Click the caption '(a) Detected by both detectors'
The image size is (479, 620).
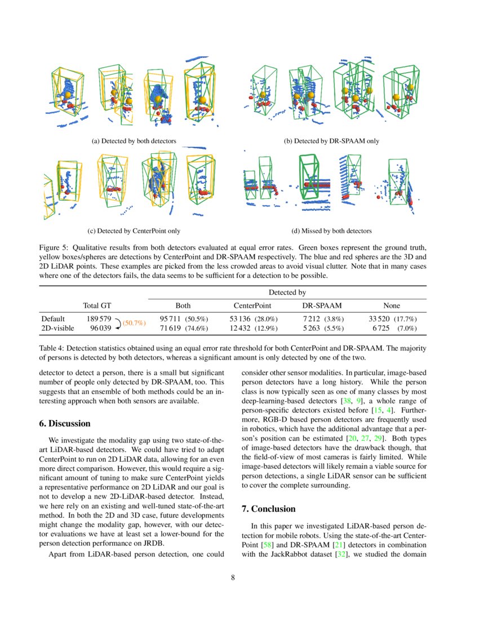pos(134,141)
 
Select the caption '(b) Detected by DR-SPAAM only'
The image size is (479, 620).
pos(331,141)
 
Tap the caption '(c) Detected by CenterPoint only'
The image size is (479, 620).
pos(134,231)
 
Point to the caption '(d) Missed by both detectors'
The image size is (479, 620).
pos(331,231)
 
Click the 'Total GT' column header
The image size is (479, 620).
pos(97,305)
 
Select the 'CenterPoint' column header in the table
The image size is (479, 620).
pos(253,305)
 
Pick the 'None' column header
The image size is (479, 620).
pos(391,305)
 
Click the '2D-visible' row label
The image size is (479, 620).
pos(57,327)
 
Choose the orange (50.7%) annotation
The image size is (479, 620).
pos(134,323)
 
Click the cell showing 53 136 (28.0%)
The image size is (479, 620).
pos(252,318)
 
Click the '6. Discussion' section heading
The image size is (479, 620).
pos(64,423)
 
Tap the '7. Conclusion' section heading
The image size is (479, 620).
pos(268,509)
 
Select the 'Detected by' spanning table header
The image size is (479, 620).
pos(287,293)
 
